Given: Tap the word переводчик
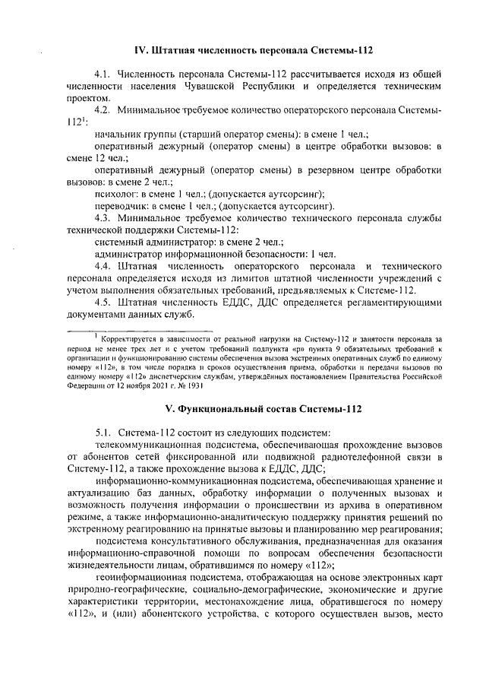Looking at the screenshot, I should [x=122, y=206].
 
